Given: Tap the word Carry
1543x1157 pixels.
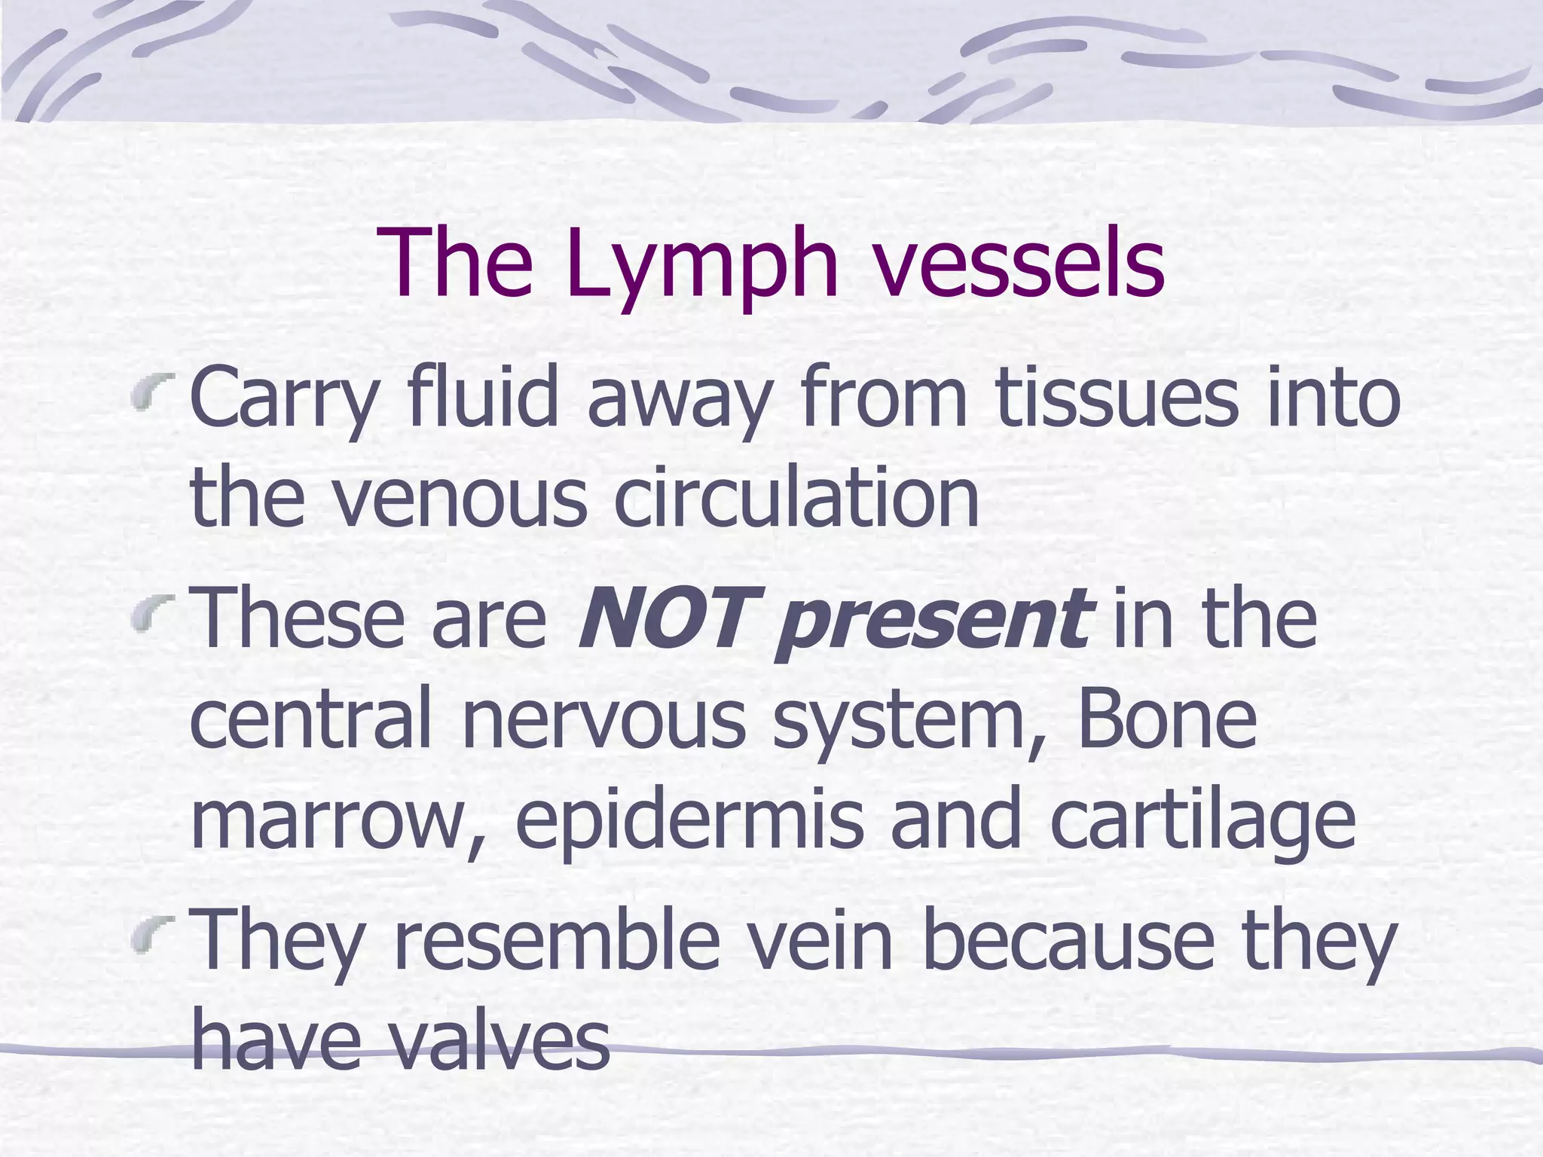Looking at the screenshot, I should coord(283,399).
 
